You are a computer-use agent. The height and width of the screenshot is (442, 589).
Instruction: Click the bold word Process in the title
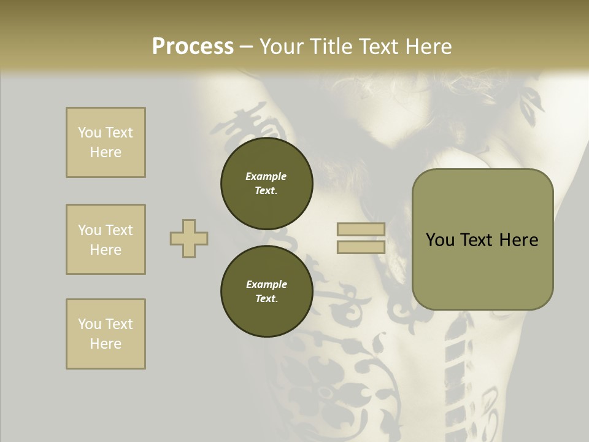click(x=193, y=47)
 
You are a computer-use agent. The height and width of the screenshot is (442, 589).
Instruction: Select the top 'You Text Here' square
click(x=106, y=142)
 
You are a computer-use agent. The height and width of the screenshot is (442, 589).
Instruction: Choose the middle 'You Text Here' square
click(x=106, y=239)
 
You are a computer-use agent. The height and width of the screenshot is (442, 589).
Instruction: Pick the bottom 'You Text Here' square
click(x=106, y=334)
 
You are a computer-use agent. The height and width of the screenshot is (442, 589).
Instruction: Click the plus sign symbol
click(x=189, y=238)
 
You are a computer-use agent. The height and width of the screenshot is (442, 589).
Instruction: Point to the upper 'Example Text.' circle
click(x=266, y=184)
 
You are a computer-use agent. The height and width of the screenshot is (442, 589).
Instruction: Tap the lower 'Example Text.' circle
click(x=266, y=292)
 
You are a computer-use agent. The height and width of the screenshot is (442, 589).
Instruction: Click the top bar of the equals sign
click(x=361, y=230)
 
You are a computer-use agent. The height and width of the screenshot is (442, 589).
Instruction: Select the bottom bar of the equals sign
click(x=361, y=247)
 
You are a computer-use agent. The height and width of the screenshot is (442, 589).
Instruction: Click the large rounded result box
click(x=482, y=239)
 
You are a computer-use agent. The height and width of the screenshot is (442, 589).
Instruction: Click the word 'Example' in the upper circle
click(x=266, y=176)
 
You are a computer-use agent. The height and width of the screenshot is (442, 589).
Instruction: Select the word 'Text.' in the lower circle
click(x=266, y=299)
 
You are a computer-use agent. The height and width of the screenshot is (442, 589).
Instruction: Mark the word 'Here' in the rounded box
click(x=518, y=240)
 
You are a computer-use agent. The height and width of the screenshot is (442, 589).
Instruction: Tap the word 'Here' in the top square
click(x=106, y=152)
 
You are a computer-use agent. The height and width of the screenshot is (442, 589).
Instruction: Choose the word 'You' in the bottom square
click(x=90, y=324)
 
